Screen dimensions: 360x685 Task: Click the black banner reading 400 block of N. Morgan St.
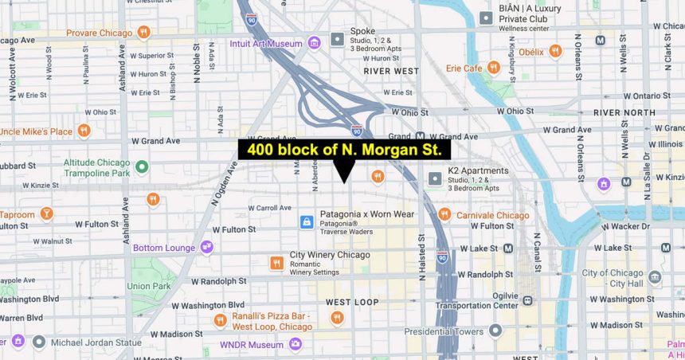click(344, 150)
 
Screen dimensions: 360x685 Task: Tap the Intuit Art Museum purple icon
click(315, 42)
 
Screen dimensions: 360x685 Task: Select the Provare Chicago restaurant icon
click(143, 33)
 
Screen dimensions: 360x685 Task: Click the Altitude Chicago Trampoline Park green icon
click(142, 167)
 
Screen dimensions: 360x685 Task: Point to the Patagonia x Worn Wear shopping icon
click(307, 222)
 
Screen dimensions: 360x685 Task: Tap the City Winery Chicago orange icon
click(276, 263)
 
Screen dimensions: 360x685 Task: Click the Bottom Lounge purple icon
click(207, 248)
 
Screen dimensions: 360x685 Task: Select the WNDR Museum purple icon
click(296, 345)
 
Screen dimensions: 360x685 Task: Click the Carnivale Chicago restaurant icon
click(444, 214)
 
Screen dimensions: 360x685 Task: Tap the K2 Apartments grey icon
click(435, 178)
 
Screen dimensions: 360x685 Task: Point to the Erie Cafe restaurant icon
click(494, 68)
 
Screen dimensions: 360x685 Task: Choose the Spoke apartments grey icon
click(338, 38)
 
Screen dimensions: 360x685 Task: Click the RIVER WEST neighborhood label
click(390, 71)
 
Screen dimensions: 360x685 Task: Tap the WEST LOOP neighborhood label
click(352, 302)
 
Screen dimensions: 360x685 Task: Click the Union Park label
click(149, 286)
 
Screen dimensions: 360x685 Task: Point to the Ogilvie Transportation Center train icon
click(526, 300)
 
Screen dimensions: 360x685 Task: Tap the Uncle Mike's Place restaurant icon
click(84, 131)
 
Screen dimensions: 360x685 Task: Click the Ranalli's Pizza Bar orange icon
click(221, 320)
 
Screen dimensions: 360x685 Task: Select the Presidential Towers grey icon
click(495, 331)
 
